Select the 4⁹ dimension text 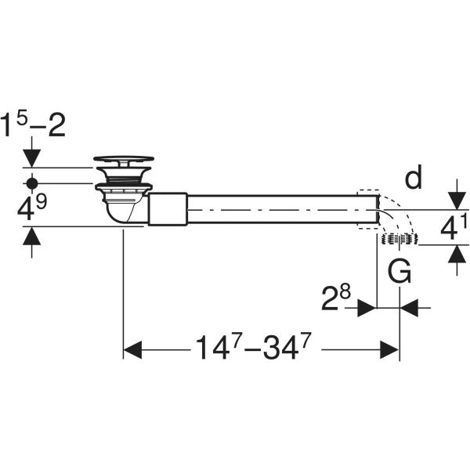click(x=30, y=207)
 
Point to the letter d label click(x=413, y=179)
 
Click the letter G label click(x=400, y=272)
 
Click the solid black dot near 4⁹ click(x=31, y=183)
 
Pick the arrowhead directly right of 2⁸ click(x=367, y=308)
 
